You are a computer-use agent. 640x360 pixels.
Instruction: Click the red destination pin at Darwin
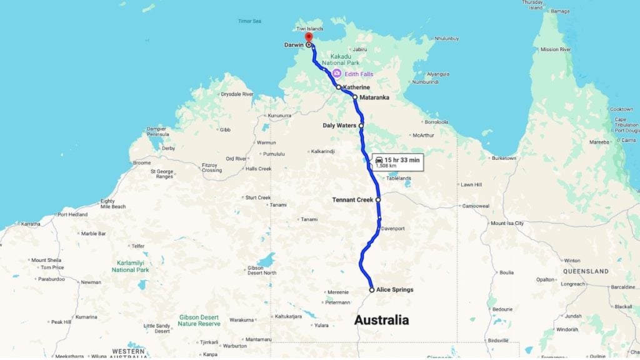tap(309, 38)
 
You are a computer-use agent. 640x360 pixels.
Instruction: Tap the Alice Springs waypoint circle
tap(372, 290)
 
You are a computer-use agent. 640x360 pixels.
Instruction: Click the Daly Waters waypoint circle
tap(361, 126)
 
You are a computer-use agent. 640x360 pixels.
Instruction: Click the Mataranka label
tap(374, 97)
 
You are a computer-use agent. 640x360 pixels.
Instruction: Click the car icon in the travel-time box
tap(379, 160)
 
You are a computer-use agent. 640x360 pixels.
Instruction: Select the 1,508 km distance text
tap(386, 166)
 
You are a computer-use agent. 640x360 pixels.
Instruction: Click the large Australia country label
tap(381, 320)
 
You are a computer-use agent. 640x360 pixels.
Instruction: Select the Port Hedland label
tap(72, 214)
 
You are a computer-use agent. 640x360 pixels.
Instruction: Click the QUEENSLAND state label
tap(586, 272)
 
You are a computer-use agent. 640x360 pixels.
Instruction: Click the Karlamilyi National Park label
tap(130, 266)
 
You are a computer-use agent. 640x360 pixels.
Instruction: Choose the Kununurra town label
tap(279, 116)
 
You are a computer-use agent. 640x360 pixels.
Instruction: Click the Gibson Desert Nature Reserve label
tap(199, 320)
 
